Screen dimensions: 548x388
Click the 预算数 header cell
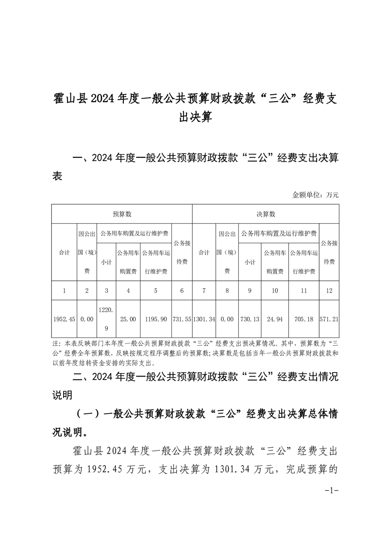click(122, 214)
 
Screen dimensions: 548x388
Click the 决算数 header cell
click(266, 214)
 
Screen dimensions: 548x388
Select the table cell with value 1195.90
click(156, 319)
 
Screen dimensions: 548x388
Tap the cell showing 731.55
click(182, 319)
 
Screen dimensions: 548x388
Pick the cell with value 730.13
click(250, 319)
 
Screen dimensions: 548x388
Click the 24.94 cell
click(275, 319)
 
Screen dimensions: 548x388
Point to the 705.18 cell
click(303, 319)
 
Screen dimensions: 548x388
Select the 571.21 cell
click(329, 319)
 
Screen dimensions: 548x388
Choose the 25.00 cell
click(128, 319)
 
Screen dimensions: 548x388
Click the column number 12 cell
click(329, 291)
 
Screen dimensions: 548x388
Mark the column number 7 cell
click(204, 291)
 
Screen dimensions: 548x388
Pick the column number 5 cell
click(156, 291)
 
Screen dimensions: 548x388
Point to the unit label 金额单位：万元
click(315, 194)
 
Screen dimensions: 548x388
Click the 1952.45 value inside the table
click(64, 319)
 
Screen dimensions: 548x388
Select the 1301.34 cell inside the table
click(204, 319)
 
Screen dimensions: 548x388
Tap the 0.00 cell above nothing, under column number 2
click(87, 319)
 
